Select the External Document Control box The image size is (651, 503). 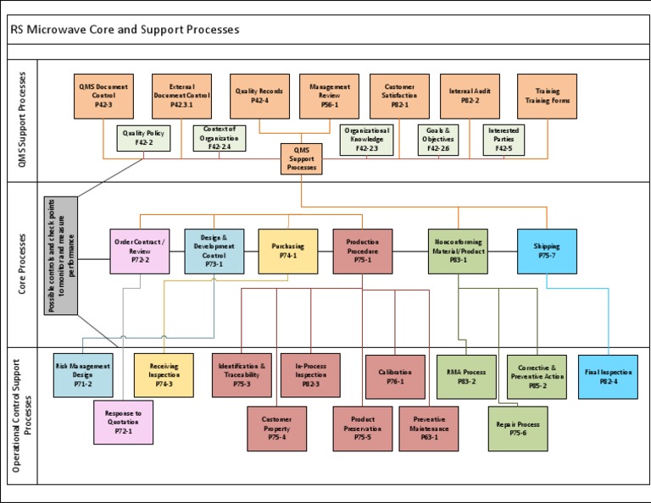pyautogui.click(x=181, y=96)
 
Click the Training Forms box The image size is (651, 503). pyautogui.click(x=547, y=96)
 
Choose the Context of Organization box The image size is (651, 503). pyautogui.click(x=219, y=138)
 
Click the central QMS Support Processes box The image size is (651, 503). pyautogui.click(x=302, y=158)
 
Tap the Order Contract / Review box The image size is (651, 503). pyautogui.click(x=140, y=251)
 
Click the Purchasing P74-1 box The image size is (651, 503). pyautogui.click(x=288, y=251)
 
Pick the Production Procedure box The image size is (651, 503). pyautogui.click(x=363, y=251)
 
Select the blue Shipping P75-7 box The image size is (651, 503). pyautogui.click(x=547, y=251)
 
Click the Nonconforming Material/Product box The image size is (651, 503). pyautogui.click(x=458, y=251)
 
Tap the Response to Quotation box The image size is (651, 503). pyautogui.click(x=123, y=422)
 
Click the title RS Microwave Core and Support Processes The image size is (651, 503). pyautogui.click(x=125, y=30)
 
